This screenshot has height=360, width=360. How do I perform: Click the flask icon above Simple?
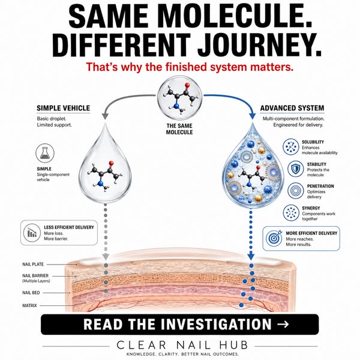[x=45, y=153]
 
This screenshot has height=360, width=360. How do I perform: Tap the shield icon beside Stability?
[x=296, y=169]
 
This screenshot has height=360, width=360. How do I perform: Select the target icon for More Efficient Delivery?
[x=274, y=238]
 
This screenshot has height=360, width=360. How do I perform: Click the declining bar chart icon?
[x=32, y=233]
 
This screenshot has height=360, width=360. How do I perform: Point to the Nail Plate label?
[x=33, y=264]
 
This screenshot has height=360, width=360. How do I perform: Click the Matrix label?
[x=29, y=305]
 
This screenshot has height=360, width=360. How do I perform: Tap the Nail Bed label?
[x=31, y=293]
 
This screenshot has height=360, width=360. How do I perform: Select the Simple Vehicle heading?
[x=64, y=108]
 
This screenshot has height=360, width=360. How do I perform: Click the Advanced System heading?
[x=292, y=108]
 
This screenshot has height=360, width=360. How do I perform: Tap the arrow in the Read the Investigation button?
[x=283, y=324]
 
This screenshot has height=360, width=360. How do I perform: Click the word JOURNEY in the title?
[x=260, y=45]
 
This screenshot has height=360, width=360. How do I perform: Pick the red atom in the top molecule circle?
[x=187, y=85]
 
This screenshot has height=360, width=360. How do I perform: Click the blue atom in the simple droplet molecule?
[x=100, y=184]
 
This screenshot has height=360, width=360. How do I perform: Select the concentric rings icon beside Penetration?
[x=296, y=191]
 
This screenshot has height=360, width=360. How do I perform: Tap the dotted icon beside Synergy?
[x=291, y=213]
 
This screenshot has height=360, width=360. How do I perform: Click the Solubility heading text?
[x=313, y=142]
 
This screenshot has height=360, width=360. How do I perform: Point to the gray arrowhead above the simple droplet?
[x=105, y=116]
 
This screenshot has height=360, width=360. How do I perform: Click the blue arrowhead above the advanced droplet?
[x=253, y=116]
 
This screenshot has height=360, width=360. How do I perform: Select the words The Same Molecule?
[x=179, y=129]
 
